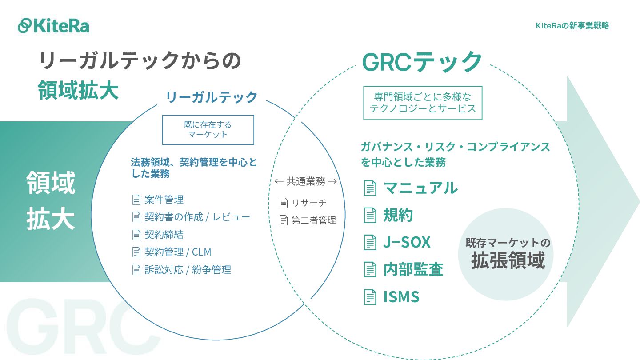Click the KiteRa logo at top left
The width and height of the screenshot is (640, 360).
tap(53, 25)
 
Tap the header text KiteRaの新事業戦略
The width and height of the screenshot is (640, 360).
tap(572, 26)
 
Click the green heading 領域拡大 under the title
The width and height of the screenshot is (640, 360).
tap(78, 90)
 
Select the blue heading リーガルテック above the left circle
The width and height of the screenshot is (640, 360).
tap(212, 96)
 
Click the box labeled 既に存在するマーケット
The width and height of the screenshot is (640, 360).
tap(208, 130)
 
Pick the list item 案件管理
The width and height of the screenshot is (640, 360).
tap(164, 200)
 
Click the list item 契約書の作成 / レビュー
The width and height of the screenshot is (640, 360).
tap(197, 217)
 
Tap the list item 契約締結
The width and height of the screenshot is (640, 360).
tap(164, 234)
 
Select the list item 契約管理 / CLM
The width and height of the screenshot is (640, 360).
tap(178, 252)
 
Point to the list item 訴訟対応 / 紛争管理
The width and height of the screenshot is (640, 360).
tap(188, 269)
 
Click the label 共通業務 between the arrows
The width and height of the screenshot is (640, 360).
tap(306, 181)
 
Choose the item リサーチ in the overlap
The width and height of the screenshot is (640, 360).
tap(309, 203)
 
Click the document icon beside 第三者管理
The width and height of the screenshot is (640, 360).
tap(284, 220)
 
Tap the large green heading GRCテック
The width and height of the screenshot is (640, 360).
tap(422, 62)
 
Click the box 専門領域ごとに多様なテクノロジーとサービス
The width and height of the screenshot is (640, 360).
tap(423, 103)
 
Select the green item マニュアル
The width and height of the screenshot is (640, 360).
tap(420, 188)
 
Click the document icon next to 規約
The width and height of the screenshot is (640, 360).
tap(370, 215)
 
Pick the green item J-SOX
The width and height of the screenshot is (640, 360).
tap(407, 242)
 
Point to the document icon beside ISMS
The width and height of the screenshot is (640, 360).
tap(370, 296)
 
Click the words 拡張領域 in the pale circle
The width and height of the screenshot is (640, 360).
tap(508, 260)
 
